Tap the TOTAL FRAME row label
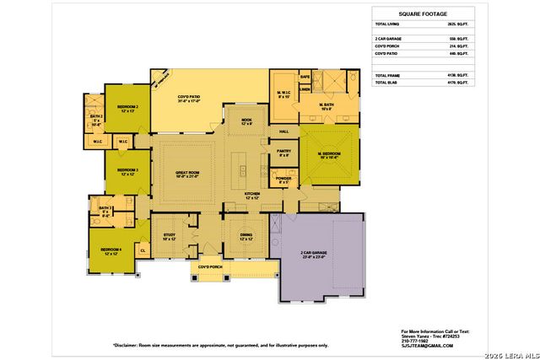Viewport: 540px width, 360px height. (x=388, y=76)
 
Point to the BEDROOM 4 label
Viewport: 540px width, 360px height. (x=111, y=250)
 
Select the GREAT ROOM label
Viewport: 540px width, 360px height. (x=186, y=174)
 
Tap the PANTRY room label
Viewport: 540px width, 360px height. (x=284, y=152)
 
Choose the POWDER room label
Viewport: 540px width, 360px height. (x=283, y=179)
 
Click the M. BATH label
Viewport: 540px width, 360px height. (x=327, y=105)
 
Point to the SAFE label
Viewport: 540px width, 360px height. (x=305, y=77)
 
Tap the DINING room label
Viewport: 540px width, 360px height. (x=246, y=237)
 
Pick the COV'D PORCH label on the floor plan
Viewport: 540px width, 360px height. (x=210, y=268)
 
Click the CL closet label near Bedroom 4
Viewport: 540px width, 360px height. (x=142, y=250)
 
